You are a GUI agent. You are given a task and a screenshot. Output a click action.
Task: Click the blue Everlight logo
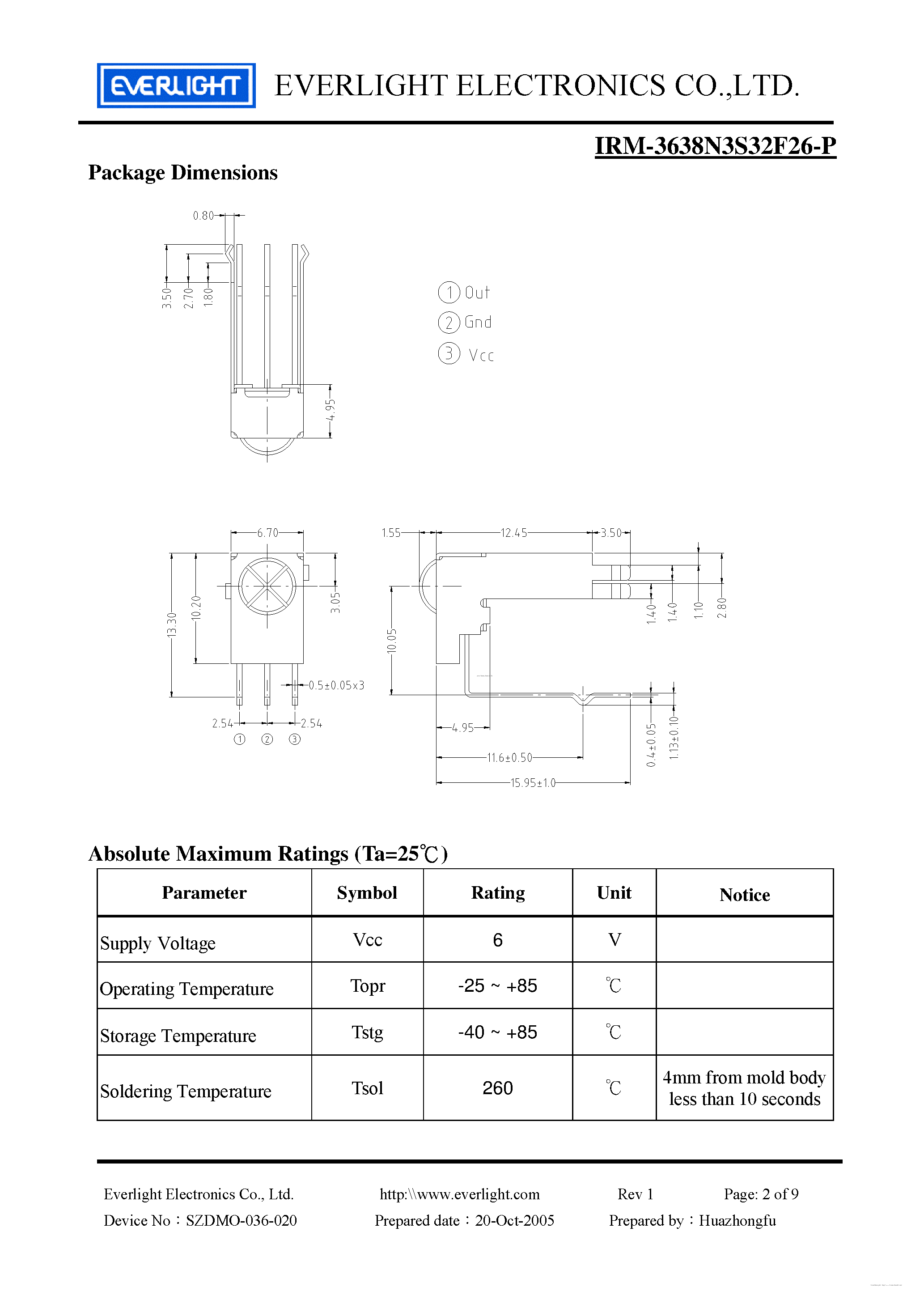(x=176, y=85)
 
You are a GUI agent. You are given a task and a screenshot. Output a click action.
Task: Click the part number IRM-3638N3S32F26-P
(x=715, y=146)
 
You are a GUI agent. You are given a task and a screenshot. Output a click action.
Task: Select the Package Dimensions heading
(x=183, y=173)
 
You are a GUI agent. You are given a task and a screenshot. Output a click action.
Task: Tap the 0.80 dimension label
(x=203, y=215)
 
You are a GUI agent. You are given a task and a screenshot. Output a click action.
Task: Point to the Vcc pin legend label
(x=481, y=356)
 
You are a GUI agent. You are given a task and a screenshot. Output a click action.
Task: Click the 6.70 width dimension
(x=267, y=533)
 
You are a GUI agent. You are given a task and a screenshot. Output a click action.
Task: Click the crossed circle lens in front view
(x=267, y=586)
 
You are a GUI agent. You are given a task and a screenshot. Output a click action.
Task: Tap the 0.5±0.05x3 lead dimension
(x=336, y=685)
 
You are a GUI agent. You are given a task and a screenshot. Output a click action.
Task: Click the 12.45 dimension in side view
(x=513, y=533)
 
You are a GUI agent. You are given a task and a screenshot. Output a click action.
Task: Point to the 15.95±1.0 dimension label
(x=533, y=783)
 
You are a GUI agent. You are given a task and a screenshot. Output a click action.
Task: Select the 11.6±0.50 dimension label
(x=509, y=758)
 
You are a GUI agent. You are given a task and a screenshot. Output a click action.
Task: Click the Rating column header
(x=497, y=893)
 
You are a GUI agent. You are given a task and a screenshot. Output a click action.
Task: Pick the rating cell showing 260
(x=497, y=1088)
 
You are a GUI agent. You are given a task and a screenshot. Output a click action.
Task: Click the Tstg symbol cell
(x=368, y=1032)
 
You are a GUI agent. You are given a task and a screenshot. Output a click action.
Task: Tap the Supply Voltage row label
(x=158, y=943)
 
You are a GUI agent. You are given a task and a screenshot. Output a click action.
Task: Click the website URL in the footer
(x=459, y=1194)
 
